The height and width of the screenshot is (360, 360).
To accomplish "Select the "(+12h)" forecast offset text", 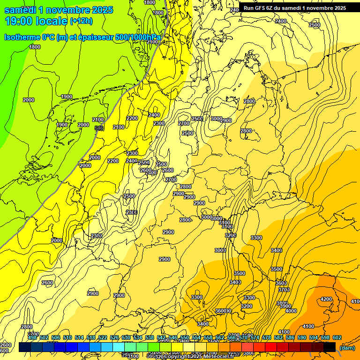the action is (81, 21).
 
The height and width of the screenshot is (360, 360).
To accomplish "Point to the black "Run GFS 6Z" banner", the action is (294, 7).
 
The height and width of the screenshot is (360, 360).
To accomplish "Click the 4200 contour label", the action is (326, 299).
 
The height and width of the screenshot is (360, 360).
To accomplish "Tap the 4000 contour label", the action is (291, 311).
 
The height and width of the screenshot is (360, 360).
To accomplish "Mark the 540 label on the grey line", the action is (99, 127).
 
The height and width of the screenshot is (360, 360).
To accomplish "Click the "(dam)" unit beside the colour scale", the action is (347, 348).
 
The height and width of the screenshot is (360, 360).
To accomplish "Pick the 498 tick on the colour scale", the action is (32, 337).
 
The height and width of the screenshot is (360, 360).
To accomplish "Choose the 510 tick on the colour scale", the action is (67, 337).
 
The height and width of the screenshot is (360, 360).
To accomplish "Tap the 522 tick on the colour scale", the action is (103, 337).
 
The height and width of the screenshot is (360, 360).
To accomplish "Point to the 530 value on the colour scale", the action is (126, 337).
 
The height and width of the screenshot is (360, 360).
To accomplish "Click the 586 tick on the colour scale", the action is (290, 337).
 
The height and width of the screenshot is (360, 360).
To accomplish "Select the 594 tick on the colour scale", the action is (314, 337).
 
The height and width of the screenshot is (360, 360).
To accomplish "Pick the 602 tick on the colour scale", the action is (337, 337).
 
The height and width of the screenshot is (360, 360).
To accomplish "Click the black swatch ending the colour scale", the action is (330, 347).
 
